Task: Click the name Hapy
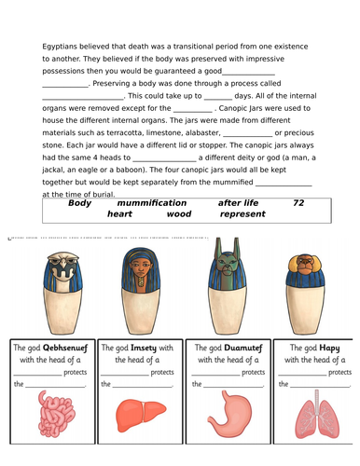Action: click(328, 347)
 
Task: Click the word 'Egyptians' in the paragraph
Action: click(62, 46)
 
